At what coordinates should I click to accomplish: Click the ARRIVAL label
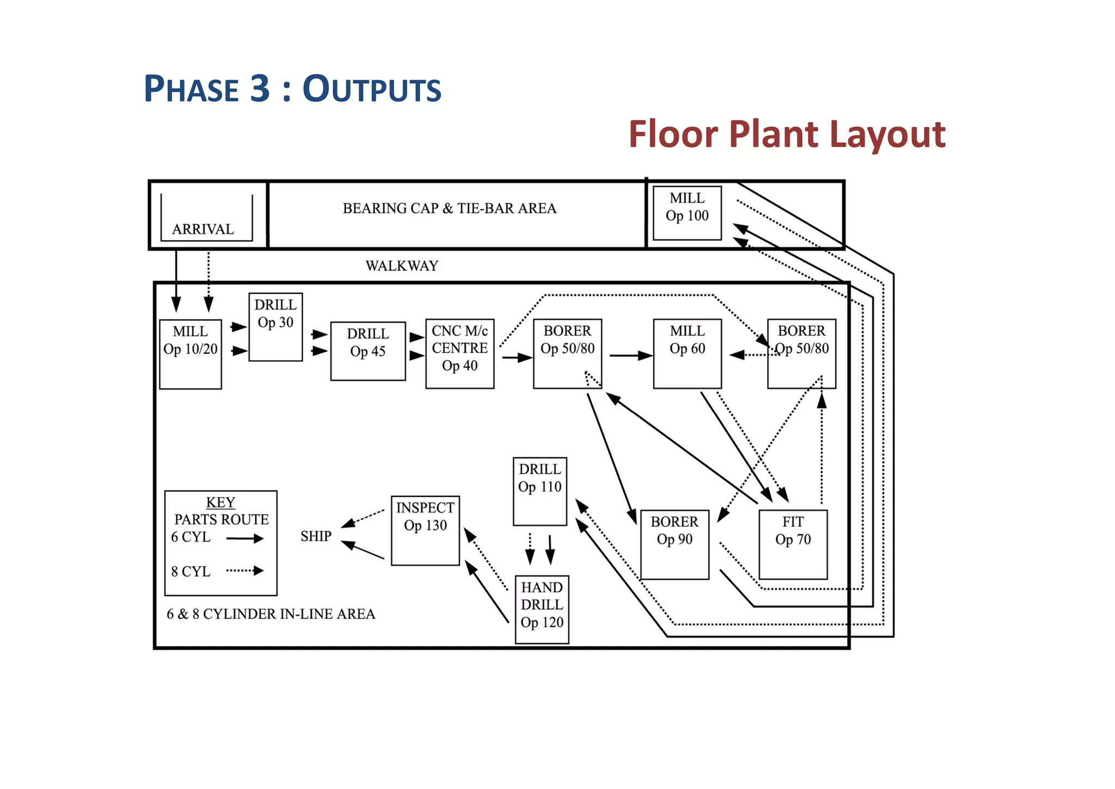pyautogui.click(x=203, y=229)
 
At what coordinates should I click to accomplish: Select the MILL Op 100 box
pyautogui.click(x=687, y=213)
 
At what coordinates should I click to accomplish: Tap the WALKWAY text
pyautogui.click(x=402, y=266)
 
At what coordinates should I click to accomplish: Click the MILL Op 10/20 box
pyautogui.click(x=191, y=354)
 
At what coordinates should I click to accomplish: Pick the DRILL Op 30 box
pyautogui.click(x=275, y=327)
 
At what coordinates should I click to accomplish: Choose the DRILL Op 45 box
pyautogui.click(x=368, y=351)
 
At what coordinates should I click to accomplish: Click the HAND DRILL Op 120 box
pyautogui.click(x=542, y=609)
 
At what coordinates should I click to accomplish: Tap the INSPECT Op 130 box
pyautogui.click(x=425, y=530)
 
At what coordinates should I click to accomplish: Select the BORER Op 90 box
pyautogui.click(x=675, y=544)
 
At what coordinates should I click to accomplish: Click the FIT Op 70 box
pyautogui.click(x=793, y=544)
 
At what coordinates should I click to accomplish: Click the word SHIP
pyautogui.click(x=316, y=536)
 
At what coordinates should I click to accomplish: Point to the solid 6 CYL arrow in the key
pyautogui.click(x=244, y=538)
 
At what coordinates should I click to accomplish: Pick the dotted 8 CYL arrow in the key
pyautogui.click(x=244, y=570)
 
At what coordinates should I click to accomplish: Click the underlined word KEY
pyautogui.click(x=220, y=502)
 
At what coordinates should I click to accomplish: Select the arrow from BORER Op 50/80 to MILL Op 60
pyautogui.click(x=630, y=356)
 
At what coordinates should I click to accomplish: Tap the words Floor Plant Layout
pyautogui.click(x=787, y=134)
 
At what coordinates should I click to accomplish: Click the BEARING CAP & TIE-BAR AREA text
pyautogui.click(x=449, y=208)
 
